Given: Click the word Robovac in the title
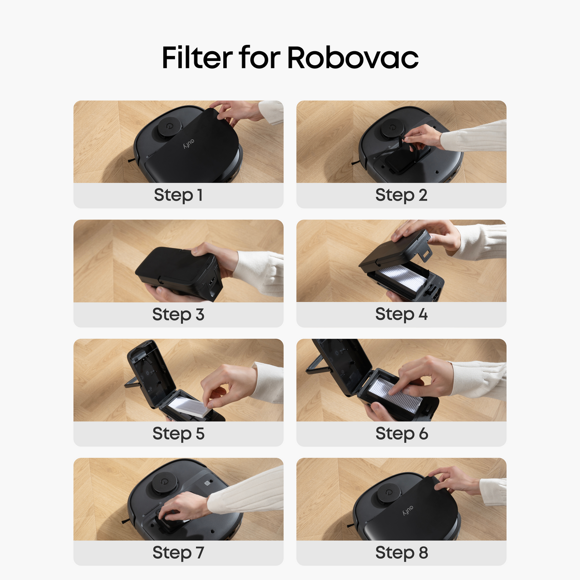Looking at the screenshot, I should [353, 58].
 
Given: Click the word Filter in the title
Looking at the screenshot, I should [197, 58].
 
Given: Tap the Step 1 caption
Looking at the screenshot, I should [178, 195].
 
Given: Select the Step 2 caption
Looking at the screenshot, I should [401, 195].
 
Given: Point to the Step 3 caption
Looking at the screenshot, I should [178, 315].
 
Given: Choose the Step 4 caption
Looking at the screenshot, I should [401, 314].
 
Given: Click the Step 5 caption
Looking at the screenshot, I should [178, 434].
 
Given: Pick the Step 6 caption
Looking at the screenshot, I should [401, 434].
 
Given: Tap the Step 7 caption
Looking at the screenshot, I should [178, 552].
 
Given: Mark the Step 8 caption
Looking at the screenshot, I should [401, 552].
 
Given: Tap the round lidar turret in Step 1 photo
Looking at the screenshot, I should [167, 126].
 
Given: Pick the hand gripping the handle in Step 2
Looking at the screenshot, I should [423, 137].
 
